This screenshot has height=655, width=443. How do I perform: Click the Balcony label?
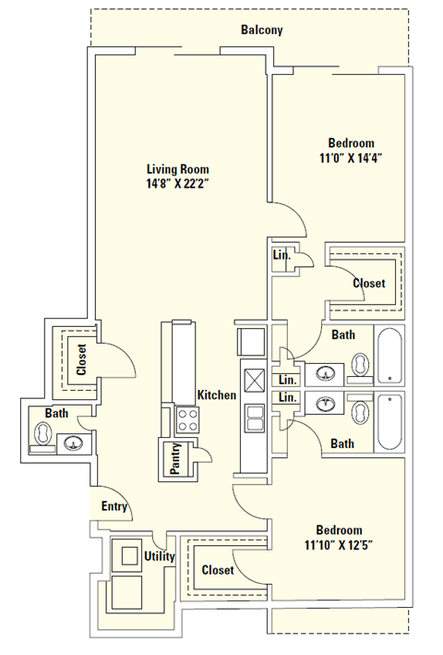pos(261,30)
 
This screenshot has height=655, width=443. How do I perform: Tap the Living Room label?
pos(178,169)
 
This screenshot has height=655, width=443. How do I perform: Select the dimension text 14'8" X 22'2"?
pos(178,184)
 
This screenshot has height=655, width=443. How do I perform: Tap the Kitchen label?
pos(217,394)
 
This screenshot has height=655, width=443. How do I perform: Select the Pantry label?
pos(175,459)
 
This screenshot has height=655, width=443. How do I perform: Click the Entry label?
pos(114,506)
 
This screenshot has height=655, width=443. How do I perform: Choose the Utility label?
pos(160,556)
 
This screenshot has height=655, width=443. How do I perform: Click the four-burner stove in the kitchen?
pos(187,421)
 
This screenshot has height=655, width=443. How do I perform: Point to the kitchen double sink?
pos(253,417)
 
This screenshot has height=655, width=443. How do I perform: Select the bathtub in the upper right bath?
pos(389,356)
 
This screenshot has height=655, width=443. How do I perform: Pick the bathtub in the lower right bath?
pos(389,422)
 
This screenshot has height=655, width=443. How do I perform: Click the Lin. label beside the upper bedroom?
pos(282,256)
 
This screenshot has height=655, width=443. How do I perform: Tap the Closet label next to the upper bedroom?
pos(369,284)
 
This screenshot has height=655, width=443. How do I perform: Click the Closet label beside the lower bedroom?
pos(218,570)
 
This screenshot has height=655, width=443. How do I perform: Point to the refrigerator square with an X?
pos(253,378)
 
